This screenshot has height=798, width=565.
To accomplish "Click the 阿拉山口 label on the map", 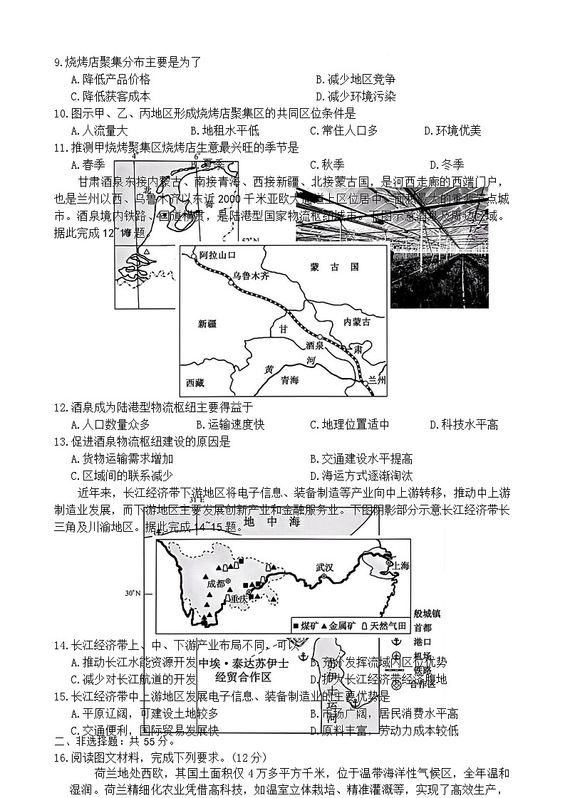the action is (217, 255).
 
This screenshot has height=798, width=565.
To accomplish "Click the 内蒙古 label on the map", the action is (357, 322).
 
